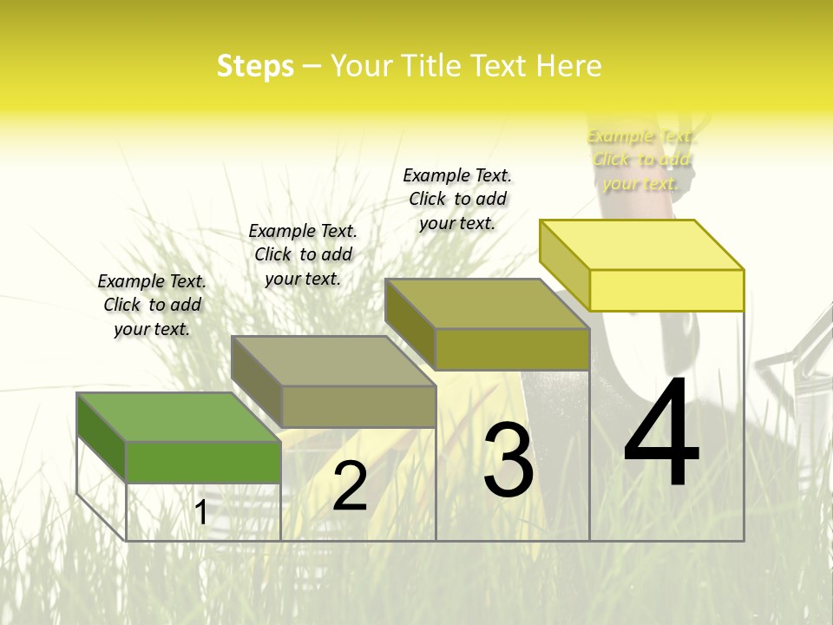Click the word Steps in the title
(255, 66)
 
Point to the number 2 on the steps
(351, 486)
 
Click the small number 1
(201, 512)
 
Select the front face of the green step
(203, 462)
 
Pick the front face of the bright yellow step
(666, 290)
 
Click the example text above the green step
(152, 305)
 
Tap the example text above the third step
(457, 199)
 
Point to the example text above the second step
(303, 254)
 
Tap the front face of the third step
(512, 349)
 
